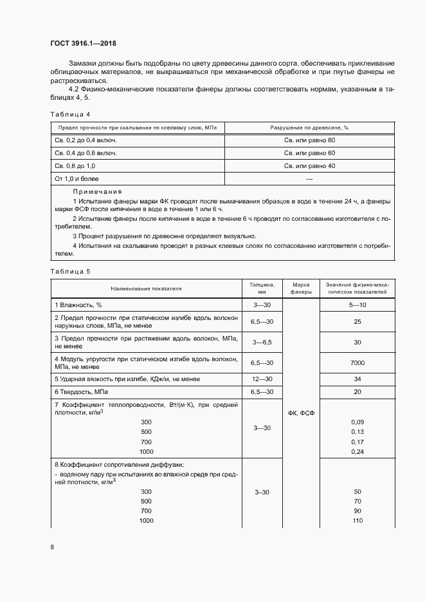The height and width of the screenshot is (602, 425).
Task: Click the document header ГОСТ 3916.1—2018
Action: [83, 44]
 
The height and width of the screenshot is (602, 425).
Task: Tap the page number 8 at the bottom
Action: [52, 547]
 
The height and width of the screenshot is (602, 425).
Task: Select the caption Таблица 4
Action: [69, 114]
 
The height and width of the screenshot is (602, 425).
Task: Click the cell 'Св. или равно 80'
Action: [309, 140]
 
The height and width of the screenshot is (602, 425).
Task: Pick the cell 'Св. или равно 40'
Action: [309, 165]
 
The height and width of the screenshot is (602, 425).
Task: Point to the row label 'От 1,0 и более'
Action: [77, 178]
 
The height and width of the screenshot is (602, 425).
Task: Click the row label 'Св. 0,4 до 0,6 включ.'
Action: [86, 153]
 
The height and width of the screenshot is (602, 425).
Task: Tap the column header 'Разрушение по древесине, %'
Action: [309, 127]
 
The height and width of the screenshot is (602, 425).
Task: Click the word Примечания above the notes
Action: [97, 192]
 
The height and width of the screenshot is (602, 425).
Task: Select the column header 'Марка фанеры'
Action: [301, 288]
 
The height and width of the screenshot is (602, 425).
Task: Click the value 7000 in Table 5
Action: [357, 363]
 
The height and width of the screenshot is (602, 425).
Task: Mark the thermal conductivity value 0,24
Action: [357, 452]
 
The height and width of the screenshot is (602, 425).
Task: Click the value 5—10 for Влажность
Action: [357, 305]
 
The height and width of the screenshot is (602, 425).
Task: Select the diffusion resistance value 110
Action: [357, 520]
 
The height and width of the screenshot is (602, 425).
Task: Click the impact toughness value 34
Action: [357, 379]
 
